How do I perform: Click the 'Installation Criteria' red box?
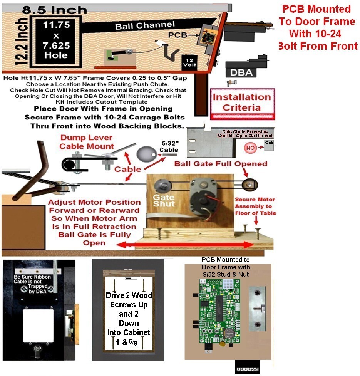point(242,102)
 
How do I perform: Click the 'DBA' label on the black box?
point(241,72)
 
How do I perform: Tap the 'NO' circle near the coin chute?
point(250,148)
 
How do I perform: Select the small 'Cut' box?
point(270,144)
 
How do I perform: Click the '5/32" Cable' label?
point(169,147)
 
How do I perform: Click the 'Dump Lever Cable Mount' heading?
point(86,142)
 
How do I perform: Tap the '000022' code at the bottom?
point(247,369)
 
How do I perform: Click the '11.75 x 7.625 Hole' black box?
point(57,40)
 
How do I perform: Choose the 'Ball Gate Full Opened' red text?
point(221,164)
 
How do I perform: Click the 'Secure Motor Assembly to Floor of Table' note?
point(255,206)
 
